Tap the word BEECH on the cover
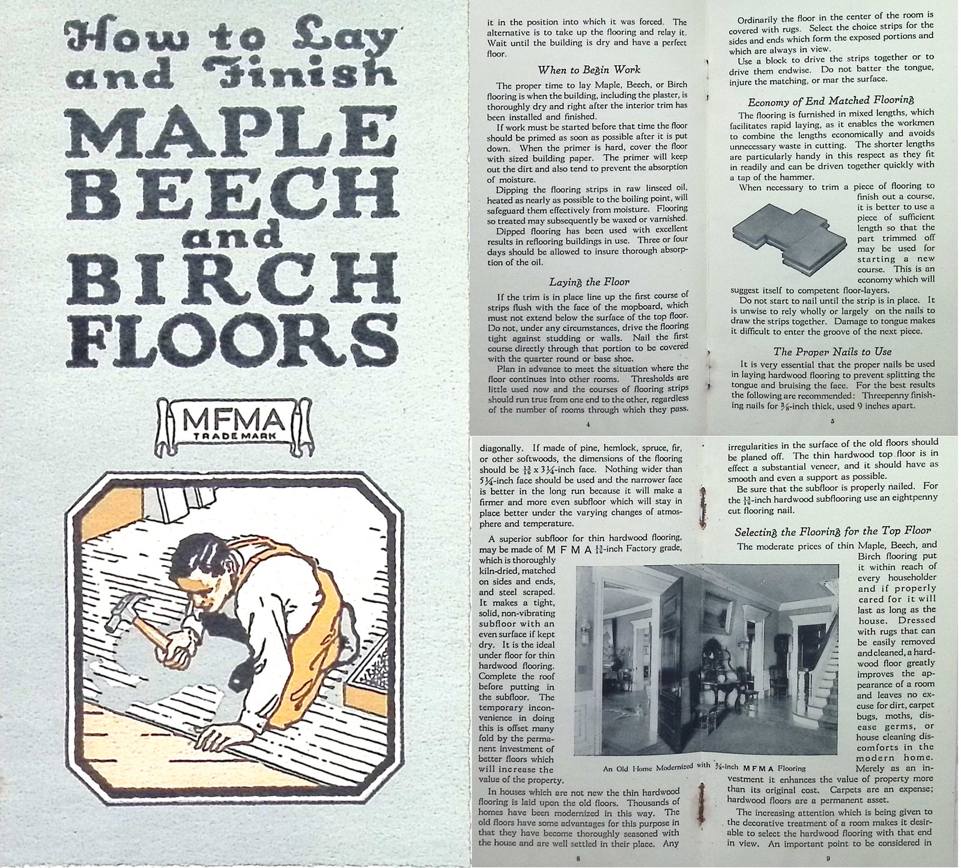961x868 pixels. [232, 190]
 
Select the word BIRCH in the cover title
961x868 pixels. [232, 277]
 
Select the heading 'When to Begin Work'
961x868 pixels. [589, 70]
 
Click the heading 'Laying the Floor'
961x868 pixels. [589, 281]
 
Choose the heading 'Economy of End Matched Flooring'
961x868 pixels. [831, 100]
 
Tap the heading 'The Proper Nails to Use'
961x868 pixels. [832, 351]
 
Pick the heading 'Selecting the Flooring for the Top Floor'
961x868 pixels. [832, 532]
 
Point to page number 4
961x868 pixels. [588, 425]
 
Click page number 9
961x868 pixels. [828, 858]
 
